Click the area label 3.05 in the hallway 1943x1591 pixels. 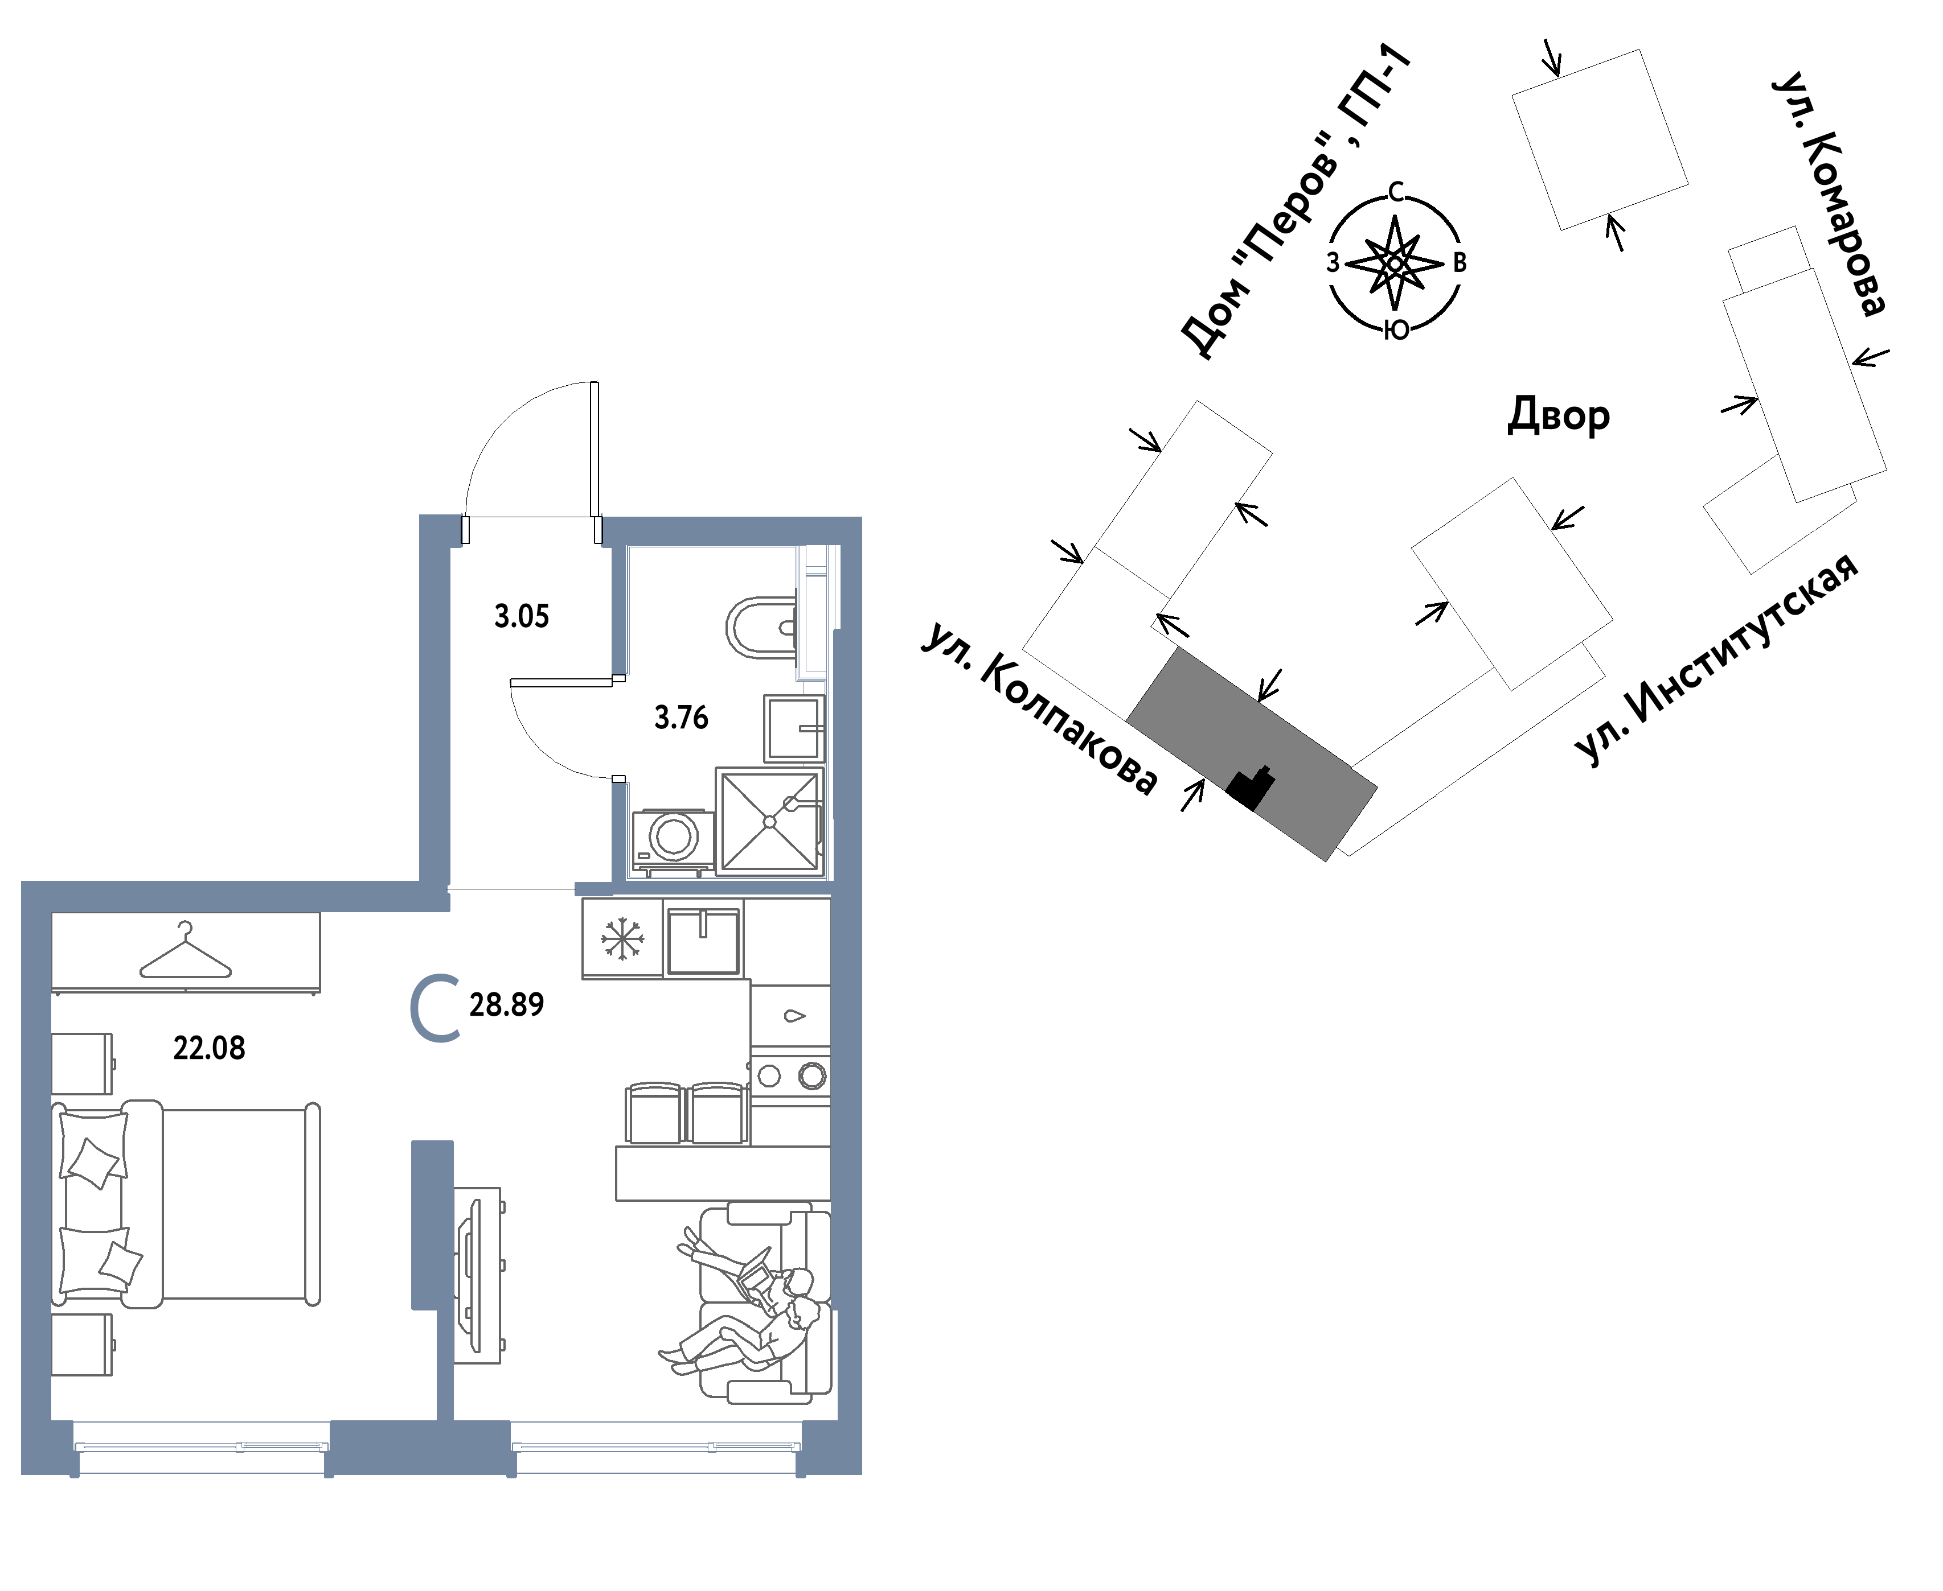[x=522, y=616]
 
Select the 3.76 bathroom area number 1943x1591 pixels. [x=681, y=718]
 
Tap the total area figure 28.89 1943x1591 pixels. [x=506, y=1004]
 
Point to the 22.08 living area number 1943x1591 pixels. [x=209, y=1048]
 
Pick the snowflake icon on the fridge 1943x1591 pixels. [x=622, y=938]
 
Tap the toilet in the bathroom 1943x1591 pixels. [x=761, y=628]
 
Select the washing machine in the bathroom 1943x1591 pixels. [x=673, y=839]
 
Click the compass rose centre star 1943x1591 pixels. [x=1395, y=263]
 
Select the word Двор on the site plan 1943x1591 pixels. [x=1559, y=415]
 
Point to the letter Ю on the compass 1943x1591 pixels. [x=1396, y=331]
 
